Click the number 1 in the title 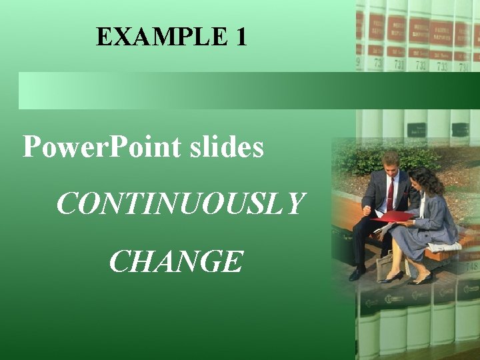click(241, 37)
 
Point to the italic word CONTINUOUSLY click(180, 204)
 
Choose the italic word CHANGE click(175, 261)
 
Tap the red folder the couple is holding click(393, 217)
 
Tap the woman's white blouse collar click(422, 200)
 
